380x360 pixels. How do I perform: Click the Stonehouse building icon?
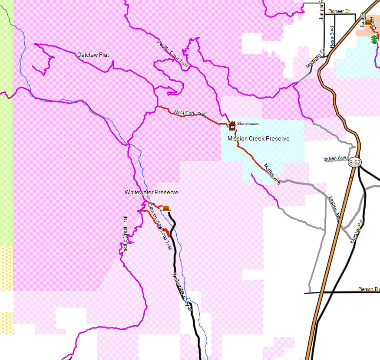232,126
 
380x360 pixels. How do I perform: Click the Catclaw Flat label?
93,55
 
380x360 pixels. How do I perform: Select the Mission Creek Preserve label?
258,138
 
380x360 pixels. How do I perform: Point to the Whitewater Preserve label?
151,192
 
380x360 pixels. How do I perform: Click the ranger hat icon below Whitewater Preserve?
165,209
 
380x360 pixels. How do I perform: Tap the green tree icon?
374,39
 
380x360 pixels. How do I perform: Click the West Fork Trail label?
190,113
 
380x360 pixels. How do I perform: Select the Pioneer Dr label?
339,11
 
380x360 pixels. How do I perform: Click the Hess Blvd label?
332,36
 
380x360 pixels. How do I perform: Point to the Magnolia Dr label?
315,59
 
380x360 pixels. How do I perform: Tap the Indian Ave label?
335,159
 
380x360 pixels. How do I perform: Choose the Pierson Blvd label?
369,289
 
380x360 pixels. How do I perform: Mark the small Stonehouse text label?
248,124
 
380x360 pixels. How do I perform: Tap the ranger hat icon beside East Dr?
368,22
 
